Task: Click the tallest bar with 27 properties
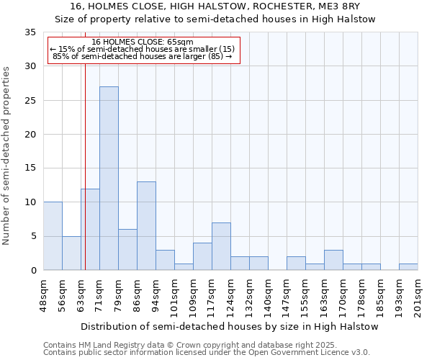coord(109,179)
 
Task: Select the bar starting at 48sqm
coord(53,236)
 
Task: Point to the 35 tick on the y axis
coord(30,32)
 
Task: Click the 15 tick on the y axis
coord(30,168)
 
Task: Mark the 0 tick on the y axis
coord(33,271)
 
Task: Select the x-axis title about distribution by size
coord(230,326)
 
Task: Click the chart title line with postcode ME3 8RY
coord(215,6)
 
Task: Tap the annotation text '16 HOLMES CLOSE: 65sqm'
coord(143,42)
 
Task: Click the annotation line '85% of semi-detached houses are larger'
coord(143,56)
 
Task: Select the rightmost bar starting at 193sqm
coord(408,266)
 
